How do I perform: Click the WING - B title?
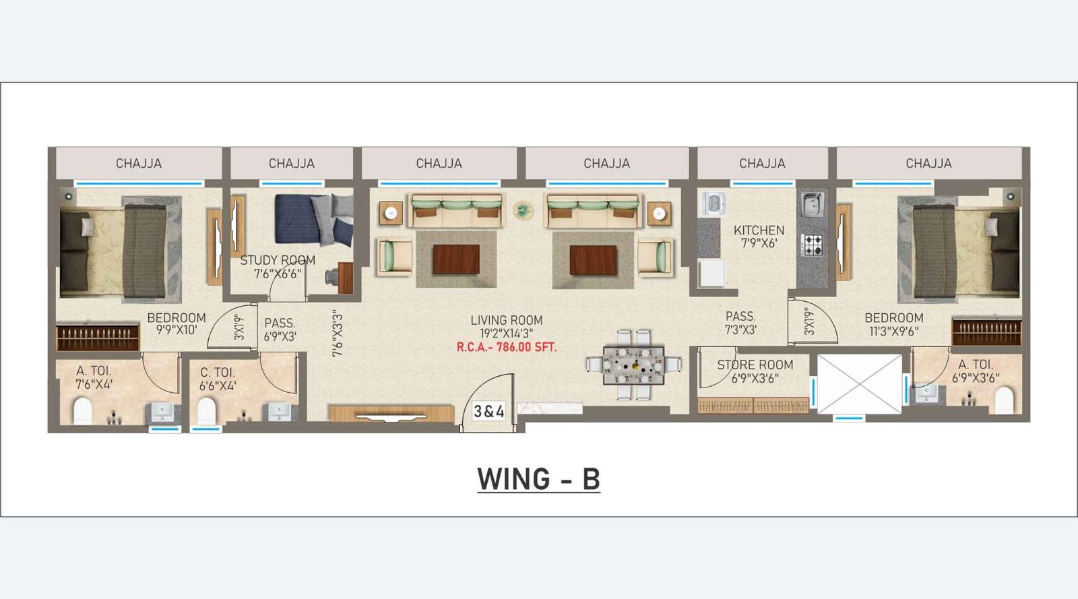point(538,480)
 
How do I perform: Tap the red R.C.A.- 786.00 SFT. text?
point(507,348)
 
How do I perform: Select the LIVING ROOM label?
point(507,321)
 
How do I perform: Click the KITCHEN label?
point(759,230)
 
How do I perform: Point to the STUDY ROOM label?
point(278,260)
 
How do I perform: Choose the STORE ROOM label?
point(755,365)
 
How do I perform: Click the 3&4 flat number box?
point(488,411)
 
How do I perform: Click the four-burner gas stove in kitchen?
point(813,245)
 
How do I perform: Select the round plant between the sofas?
point(523,211)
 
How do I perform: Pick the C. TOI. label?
point(218,373)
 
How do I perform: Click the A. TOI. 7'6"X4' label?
point(94,377)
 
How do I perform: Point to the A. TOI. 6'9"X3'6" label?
point(975,371)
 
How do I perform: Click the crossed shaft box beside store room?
point(859,384)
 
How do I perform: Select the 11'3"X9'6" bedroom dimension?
point(893,332)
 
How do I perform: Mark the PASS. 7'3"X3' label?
point(740,323)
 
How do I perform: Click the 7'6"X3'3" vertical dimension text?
point(338,334)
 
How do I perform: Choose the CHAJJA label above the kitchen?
point(762,164)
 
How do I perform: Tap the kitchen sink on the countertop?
point(812,204)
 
